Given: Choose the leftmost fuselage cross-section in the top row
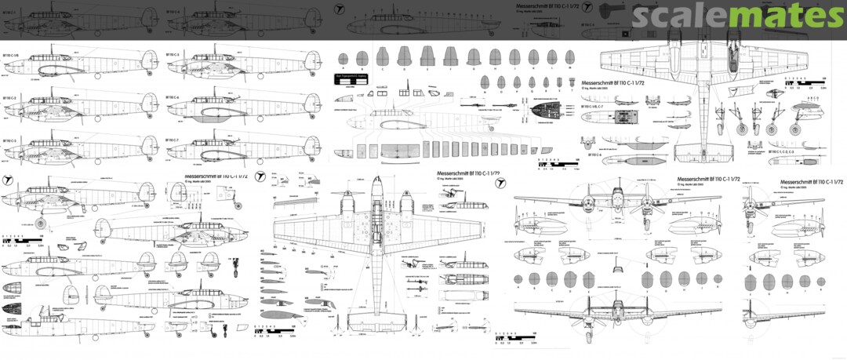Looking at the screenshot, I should (362, 57).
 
